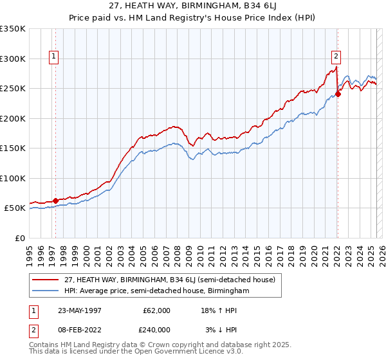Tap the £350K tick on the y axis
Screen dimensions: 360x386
pyautogui.click(x=13, y=29)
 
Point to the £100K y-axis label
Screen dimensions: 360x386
pyautogui.click(x=13, y=178)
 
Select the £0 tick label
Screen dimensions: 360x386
pyautogui.click(x=20, y=238)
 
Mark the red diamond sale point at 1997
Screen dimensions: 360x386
pyautogui.click(x=55, y=201)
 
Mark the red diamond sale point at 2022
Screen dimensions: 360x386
pyautogui.click(x=338, y=94)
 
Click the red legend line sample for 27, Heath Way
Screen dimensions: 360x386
pyautogui.click(x=46, y=280)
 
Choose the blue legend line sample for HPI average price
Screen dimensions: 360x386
pyautogui.click(x=46, y=291)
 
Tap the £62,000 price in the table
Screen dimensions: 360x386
pyautogui.click(x=156, y=310)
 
